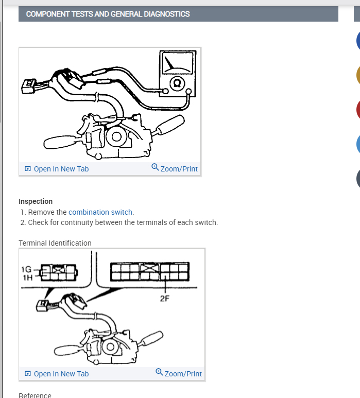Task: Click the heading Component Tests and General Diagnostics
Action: coord(108,14)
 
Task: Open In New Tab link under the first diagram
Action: coord(61,169)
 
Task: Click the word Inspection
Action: coord(36,201)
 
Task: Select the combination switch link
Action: coord(100,212)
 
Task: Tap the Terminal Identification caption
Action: coord(55,243)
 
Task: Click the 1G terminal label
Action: coord(26,269)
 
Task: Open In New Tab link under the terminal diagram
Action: coord(61,374)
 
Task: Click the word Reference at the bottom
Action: coord(35,395)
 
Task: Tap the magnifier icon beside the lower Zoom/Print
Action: coord(159,372)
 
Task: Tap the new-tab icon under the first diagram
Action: coord(28,169)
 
